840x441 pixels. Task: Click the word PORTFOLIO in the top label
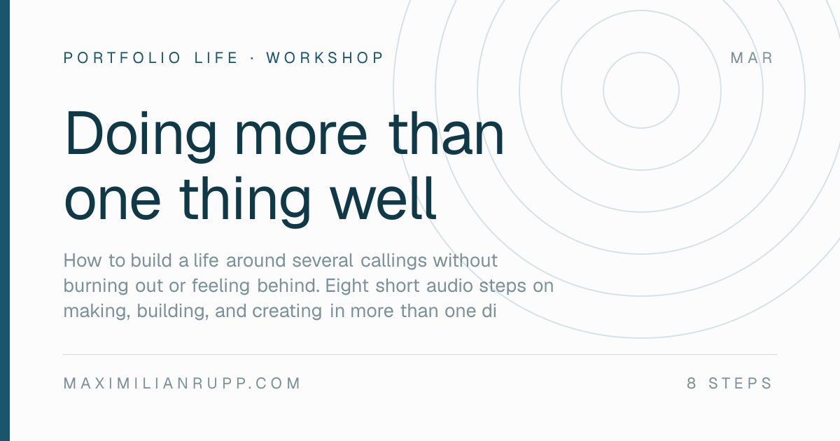122,57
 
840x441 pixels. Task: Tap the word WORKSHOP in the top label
325,57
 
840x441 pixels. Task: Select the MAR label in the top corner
752,57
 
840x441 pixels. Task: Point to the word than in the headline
447,133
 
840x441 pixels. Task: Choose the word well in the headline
383,198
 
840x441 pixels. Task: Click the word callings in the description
393,261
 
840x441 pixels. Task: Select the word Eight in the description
347,286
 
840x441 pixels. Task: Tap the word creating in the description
287,311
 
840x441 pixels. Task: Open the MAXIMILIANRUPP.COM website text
182,384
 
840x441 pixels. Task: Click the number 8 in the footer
692,384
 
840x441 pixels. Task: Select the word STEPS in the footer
740,384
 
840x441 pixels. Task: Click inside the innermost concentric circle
641,90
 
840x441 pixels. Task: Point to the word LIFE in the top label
216,57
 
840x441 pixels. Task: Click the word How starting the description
83,260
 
